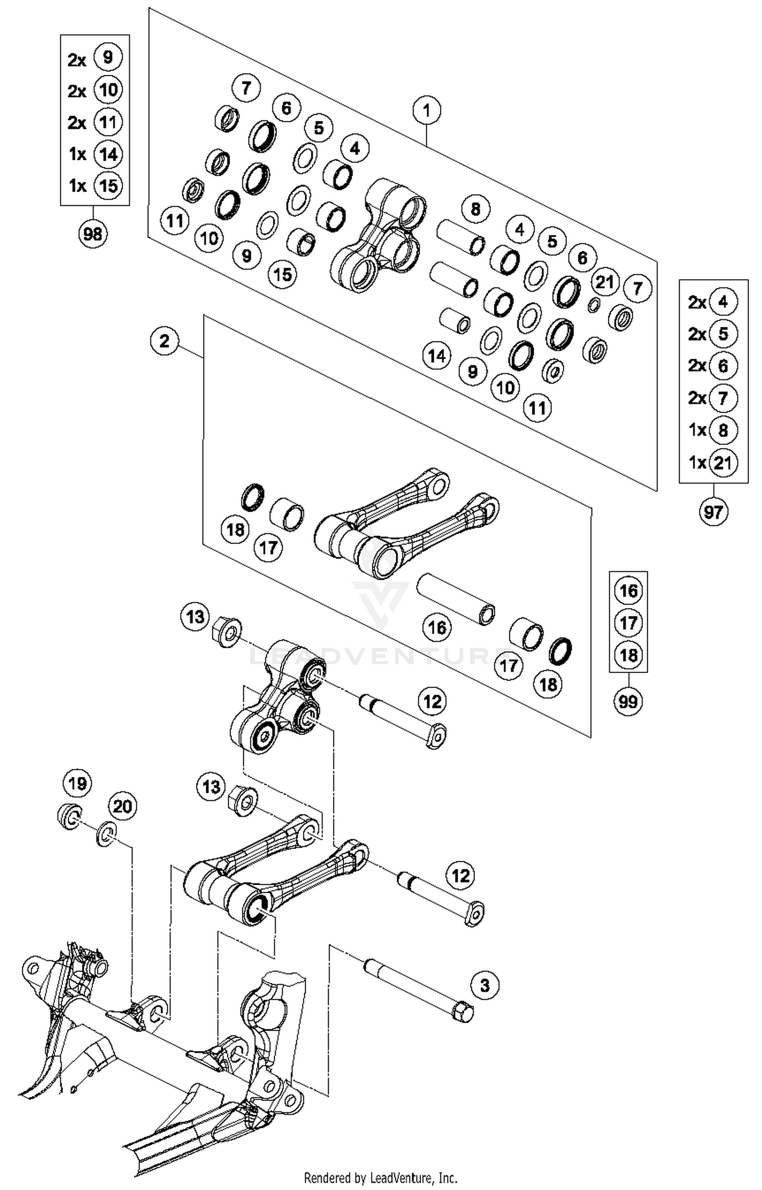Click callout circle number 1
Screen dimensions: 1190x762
tap(426, 110)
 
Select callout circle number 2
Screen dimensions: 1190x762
tap(164, 340)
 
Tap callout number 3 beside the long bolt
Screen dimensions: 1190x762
tap(485, 986)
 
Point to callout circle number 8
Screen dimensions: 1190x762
tap(475, 209)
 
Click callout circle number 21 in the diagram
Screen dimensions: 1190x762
tap(605, 281)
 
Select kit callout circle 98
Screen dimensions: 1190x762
tap(92, 234)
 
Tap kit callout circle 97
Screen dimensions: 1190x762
tap(713, 512)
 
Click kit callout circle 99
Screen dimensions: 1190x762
tap(628, 702)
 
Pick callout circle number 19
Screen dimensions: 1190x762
tap(77, 783)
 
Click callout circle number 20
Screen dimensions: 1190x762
tap(122, 806)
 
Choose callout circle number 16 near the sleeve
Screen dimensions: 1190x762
tap(437, 628)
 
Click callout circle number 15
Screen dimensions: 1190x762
tap(282, 274)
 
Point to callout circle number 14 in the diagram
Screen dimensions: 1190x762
tap(437, 356)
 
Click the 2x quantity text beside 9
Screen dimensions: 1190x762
tap(77, 60)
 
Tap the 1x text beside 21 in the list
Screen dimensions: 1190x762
tap(697, 462)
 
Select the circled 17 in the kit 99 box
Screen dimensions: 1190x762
tap(628, 622)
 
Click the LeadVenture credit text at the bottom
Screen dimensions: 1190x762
tap(380, 1177)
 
